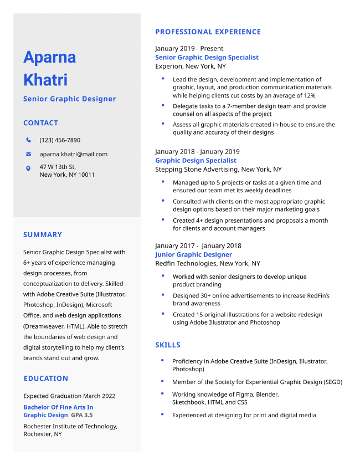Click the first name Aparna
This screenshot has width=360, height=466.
50,57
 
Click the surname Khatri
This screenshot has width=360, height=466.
45,80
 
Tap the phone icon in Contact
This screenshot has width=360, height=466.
28,140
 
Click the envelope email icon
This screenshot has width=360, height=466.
28,154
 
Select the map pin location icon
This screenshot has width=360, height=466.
28,168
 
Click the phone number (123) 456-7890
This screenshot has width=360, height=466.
60,140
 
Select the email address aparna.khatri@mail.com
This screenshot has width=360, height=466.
74,154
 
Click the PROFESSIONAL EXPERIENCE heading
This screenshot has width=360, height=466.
208,32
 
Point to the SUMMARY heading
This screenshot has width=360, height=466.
43,235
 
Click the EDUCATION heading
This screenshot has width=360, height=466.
46,378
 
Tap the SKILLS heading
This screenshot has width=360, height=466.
168,345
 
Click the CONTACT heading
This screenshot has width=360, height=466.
40,123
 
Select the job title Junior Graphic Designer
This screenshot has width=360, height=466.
193,255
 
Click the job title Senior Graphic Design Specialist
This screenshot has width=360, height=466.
207,58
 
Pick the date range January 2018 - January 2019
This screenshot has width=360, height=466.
197,152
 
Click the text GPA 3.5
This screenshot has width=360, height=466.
81,415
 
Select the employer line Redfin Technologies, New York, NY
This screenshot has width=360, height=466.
207,264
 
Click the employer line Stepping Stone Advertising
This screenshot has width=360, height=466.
218,170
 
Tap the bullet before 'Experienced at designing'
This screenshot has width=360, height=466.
162,414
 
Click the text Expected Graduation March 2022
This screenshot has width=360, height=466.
69,396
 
